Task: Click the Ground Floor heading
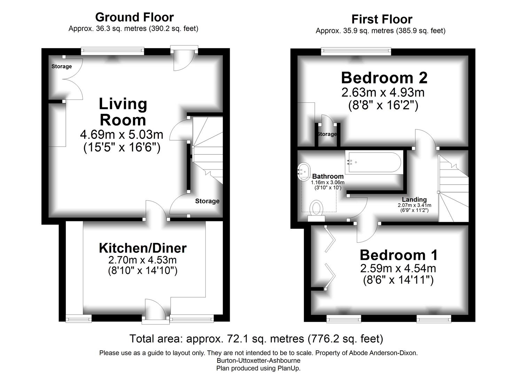(x=134, y=17)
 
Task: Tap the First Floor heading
(x=382, y=19)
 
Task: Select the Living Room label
(x=123, y=112)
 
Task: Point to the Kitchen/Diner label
(x=143, y=248)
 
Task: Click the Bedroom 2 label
(x=384, y=78)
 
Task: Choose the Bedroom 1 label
(x=399, y=255)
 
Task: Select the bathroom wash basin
(x=304, y=172)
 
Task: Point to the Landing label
(x=414, y=199)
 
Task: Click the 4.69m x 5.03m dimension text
(x=122, y=135)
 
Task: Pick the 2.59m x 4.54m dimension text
(x=398, y=268)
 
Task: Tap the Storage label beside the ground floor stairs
(x=207, y=201)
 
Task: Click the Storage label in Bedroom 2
(x=327, y=134)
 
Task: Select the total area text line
(x=256, y=339)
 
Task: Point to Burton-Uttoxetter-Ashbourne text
(x=258, y=360)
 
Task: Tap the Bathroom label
(x=328, y=177)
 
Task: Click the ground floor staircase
(x=207, y=150)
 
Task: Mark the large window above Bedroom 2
(x=356, y=51)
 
